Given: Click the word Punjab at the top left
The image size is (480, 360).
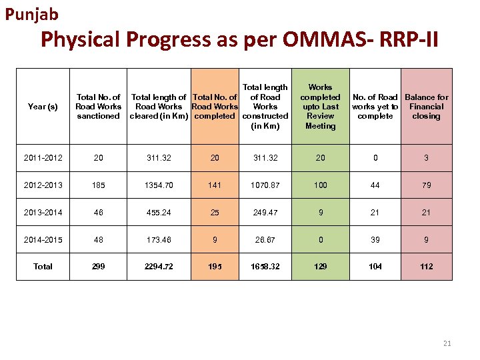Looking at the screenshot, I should click(x=32, y=13).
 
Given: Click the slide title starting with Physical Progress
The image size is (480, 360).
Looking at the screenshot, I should click(x=239, y=40).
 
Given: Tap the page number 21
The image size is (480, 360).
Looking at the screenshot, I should click(x=447, y=343).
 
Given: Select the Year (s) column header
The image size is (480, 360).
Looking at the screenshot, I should click(x=43, y=107).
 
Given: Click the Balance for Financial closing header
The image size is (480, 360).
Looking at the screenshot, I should click(x=426, y=107).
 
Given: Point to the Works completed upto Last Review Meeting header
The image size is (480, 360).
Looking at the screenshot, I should click(x=321, y=107).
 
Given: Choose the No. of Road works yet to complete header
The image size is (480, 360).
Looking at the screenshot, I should click(x=375, y=107).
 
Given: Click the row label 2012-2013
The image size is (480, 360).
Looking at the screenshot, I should click(x=43, y=185).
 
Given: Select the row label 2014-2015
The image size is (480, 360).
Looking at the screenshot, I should click(x=43, y=239).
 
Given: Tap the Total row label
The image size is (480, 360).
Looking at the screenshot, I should click(x=43, y=266).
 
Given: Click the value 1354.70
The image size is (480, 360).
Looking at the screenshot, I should click(x=159, y=185).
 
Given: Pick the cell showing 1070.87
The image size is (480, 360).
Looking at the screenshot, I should click(x=265, y=185).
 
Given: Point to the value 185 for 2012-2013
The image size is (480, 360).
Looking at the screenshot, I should click(x=99, y=185).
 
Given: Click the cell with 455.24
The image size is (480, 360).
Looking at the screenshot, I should click(x=159, y=212).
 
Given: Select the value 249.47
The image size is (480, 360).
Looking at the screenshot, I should click(x=265, y=212).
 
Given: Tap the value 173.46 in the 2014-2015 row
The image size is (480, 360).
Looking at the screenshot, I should click(x=159, y=239).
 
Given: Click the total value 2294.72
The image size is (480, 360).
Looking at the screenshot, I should click(x=159, y=266).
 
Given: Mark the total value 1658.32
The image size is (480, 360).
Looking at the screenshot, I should click(x=265, y=266).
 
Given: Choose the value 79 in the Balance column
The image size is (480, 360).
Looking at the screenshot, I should click(x=426, y=185).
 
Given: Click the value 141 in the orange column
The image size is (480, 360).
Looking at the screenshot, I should click(x=214, y=185).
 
